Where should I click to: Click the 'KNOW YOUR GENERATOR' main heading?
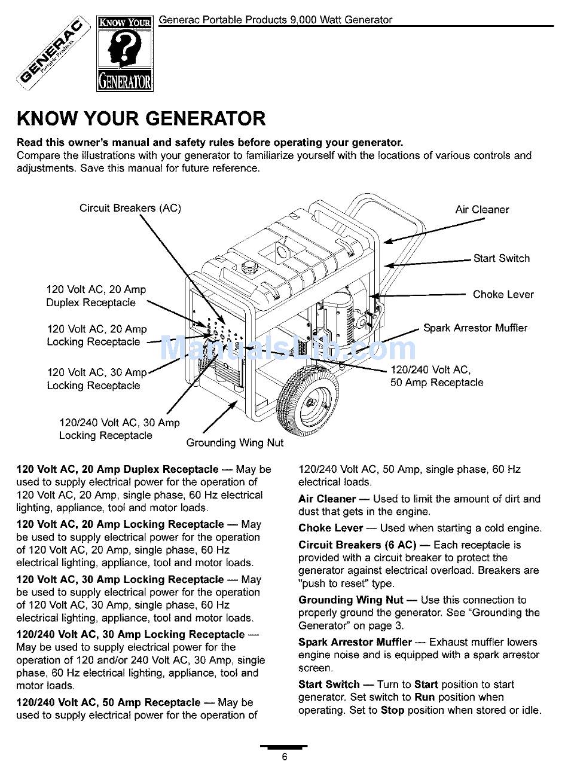click(x=141, y=118)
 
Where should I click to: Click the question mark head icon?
click(x=124, y=51)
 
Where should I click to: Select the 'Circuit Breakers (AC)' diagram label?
click(x=130, y=208)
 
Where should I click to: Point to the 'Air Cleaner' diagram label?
click(x=482, y=209)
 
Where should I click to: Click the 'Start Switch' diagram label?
click(x=501, y=258)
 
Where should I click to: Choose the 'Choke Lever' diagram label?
click(x=503, y=294)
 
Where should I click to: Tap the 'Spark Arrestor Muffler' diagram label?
click(x=475, y=328)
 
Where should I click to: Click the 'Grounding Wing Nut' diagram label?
click(x=234, y=443)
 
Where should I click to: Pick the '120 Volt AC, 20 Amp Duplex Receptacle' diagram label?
click(x=96, y=296)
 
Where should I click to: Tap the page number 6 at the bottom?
click(x=285, y=756)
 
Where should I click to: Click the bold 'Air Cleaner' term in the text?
click(x=327, y=499)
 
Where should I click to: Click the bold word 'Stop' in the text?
click(x=392, y=710)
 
